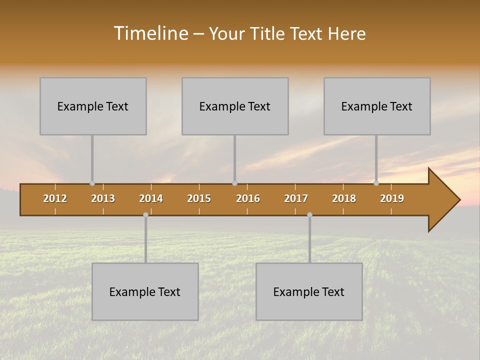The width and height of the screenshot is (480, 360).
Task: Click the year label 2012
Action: click(55, 198)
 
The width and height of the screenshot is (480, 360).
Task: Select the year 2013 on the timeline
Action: click(103, 198)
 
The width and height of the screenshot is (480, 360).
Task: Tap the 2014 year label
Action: click(151, 198)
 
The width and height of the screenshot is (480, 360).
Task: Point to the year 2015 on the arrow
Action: click(199, 198)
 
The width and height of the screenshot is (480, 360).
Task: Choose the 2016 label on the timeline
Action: click(248, 198)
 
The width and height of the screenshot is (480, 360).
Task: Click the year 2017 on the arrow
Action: click(296, 198)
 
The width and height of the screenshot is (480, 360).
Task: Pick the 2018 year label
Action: click(344, 198)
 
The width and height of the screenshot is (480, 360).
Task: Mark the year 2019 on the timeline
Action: click(392, 198)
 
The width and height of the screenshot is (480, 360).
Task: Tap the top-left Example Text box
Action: click(93, 106)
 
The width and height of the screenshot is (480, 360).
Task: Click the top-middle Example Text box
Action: click(235, 106)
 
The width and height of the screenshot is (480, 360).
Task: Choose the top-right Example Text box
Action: click(377, 106)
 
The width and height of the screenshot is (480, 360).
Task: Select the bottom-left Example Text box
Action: click(145, 291)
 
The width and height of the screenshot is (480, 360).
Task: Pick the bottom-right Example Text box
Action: click(309, 291)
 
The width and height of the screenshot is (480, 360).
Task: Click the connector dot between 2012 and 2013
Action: click(92, 183)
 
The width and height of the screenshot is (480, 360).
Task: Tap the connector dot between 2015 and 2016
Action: click(234, 183)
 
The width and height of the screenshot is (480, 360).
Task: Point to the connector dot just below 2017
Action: click(309, 214)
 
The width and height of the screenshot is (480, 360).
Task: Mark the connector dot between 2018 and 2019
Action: click(376, 183)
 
